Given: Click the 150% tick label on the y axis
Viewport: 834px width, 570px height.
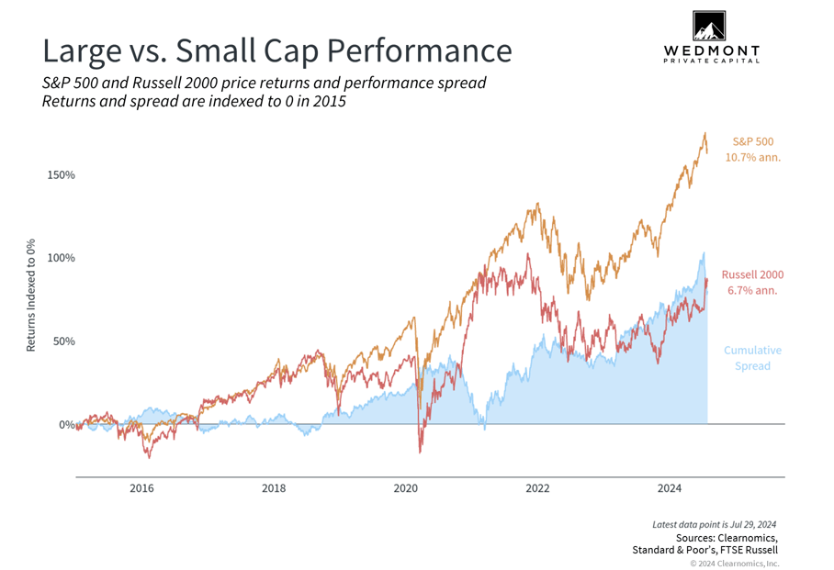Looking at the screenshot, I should [x=62, y=174].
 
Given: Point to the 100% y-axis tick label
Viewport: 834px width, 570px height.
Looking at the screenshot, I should [x=62, y=258].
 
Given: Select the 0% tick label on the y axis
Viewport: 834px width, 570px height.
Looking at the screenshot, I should [x=67, y=425].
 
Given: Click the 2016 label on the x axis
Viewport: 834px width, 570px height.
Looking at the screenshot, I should [x=141, y=488].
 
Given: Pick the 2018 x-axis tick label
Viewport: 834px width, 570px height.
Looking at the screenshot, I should [x=274, y=488].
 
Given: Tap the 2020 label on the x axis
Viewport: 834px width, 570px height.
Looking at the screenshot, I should [x=406, y=488].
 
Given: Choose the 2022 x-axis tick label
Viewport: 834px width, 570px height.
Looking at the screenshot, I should [x=538, y=488].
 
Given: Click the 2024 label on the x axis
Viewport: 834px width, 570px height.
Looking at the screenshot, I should [x=670, y=488].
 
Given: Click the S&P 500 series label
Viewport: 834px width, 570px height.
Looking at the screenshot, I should [x=752, y=141].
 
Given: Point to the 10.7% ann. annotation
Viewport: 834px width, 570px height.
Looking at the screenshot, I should [x=752, y=158].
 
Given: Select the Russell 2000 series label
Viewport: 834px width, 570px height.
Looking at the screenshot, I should [x=752, y=274].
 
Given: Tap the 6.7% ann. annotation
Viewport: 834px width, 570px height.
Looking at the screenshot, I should [x=752, y=291].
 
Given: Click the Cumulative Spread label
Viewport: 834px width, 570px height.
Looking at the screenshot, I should [x=752, y=358].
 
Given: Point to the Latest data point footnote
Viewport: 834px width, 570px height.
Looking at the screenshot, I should [x=715, y=524].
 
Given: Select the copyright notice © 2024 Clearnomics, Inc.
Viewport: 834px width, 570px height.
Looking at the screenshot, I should [x=727, y=563].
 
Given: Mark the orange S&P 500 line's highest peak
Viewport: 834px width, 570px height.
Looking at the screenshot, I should [x=704, y=134].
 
